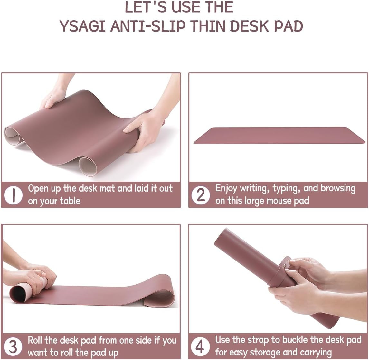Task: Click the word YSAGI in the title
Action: tap(82, 26)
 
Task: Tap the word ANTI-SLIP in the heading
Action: tap(148, 26)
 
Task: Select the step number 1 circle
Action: tap(13, 195)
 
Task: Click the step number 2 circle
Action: tap(201, 195)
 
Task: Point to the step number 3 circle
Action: tap(13, 346)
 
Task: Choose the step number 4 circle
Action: tap(200, 346)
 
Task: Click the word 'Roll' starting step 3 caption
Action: tap(35, 340)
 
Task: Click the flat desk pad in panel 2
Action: tap(279, 135)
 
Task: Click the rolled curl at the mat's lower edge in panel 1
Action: tap(88, 166)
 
